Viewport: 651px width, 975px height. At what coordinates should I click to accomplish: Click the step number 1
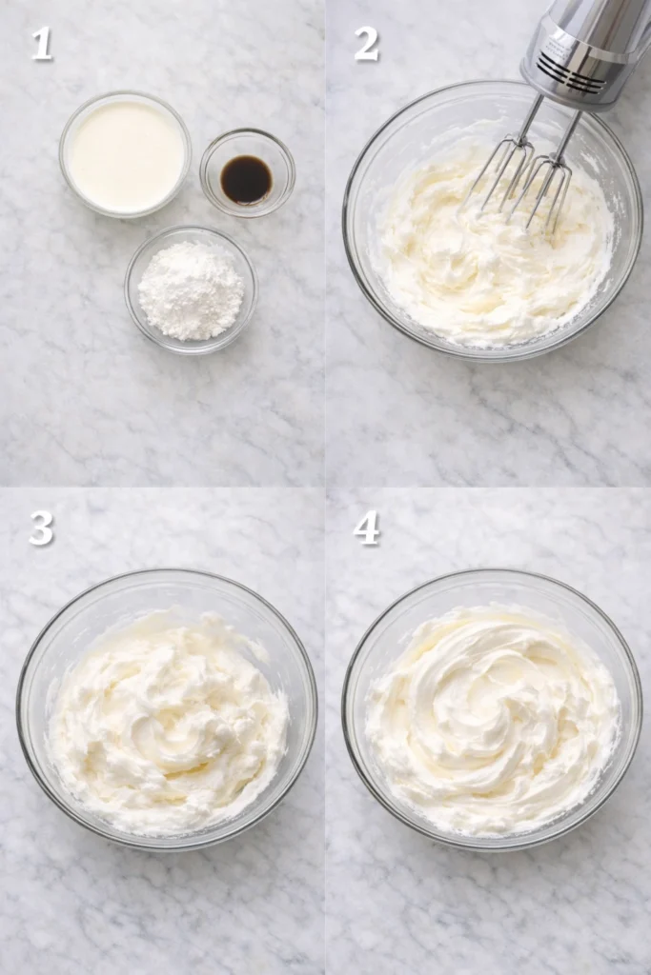[41, 44]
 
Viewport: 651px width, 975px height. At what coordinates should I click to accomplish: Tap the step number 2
[367, 44]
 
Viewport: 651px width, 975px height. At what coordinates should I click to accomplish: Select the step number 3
[41, 527]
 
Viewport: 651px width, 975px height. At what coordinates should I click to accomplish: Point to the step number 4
[367, 527]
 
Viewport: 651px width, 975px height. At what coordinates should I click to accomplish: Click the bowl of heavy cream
[125, 155]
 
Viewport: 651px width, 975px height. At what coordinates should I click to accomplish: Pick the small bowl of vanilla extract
[247, 173]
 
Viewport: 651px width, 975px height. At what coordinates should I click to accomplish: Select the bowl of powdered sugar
[191, 289]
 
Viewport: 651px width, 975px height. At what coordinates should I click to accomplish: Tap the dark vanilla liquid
[247, 179]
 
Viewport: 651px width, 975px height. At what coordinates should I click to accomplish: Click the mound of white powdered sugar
[191, 290]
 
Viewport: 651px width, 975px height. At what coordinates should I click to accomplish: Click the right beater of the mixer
[546, 190]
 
